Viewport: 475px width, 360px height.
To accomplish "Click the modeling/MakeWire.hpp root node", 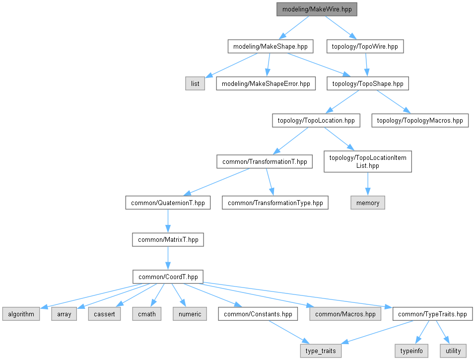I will tap(317, 9).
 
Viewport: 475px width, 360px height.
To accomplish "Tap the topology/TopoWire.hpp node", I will tap(365, 47).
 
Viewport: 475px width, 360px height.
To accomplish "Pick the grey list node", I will tap(195, 83).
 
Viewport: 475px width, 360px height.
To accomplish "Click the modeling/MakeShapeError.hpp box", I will tap(266, 83).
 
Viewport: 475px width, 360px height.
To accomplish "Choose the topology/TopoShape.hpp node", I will tap(367, 83).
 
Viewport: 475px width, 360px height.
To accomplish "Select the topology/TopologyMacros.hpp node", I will tap(420, 120).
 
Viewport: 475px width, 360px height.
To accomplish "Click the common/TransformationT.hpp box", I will tap(265, 161).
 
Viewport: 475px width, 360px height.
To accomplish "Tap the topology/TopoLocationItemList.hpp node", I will tap(367, 162).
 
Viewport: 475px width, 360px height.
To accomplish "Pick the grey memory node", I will tap(368, 203).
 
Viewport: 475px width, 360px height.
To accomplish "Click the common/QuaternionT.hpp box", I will tap(168, 203).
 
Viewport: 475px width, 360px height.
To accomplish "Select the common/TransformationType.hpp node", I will tap(275, 203).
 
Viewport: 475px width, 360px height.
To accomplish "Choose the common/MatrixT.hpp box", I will tap(168, 239).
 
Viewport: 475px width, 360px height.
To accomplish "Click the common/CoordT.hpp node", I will tap(168, 277).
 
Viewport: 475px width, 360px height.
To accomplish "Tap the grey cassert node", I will tap(104, 314).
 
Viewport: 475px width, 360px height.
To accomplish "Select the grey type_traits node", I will tap(321, 351).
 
